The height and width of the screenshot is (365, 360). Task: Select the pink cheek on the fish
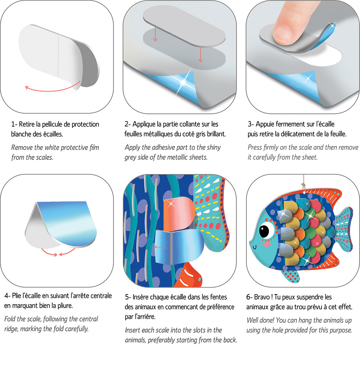(x=266, y=244)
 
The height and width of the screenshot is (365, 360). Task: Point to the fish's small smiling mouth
(x=255, y=247)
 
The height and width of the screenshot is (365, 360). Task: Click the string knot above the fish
(x=303, y=186)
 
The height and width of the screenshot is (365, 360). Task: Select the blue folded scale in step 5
(x=179, y=246)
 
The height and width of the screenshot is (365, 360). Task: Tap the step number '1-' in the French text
(x=14, y=124)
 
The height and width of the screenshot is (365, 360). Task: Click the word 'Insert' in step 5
(x=132, y=330)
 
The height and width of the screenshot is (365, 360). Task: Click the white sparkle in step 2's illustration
(x=184, y=82)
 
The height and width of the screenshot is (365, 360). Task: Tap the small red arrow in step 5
(x=161, y=247)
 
